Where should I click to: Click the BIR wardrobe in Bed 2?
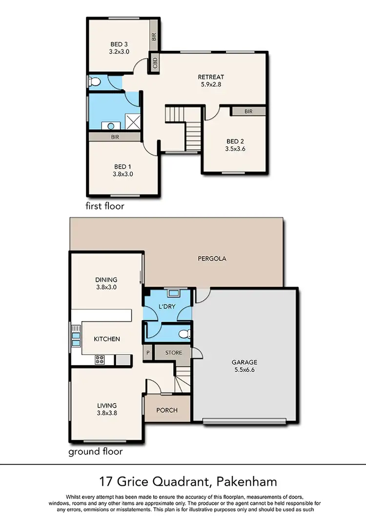point(248,111)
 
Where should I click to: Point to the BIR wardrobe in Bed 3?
point(154,37)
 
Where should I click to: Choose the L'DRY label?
point(167,307)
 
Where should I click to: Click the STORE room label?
point(174,353)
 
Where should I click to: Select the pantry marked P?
point(147,353)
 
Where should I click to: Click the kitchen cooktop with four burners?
point(100,360)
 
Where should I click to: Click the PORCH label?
point(167,410)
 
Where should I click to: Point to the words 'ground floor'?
point(95,452)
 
